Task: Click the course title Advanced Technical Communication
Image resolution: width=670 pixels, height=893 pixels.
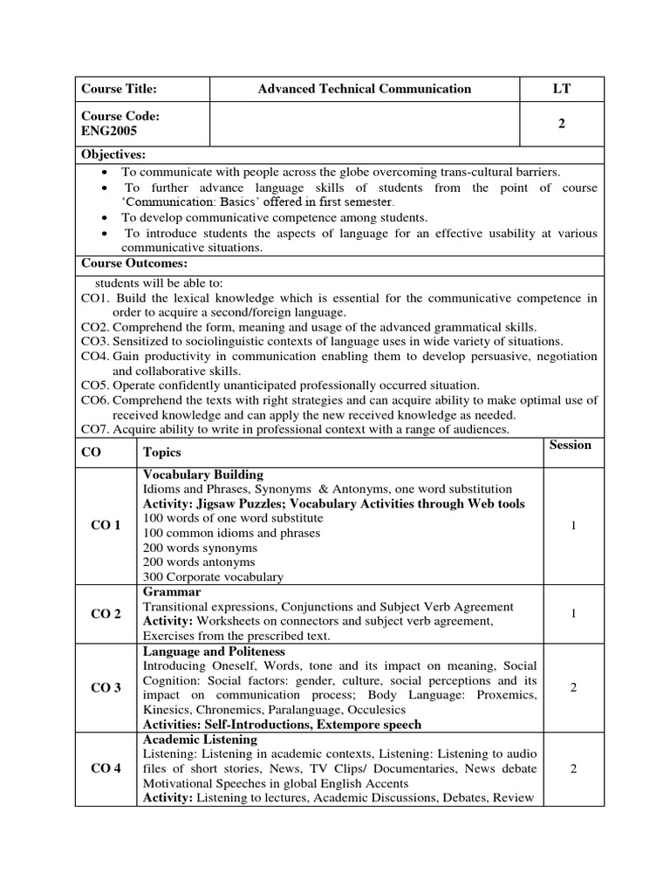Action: (x=365, y=88)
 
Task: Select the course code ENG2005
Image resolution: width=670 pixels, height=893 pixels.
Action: (x=109, y=131)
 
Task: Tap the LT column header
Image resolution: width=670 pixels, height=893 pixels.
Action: (x=561, y=88)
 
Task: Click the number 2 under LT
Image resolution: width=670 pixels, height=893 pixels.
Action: (x=562, y=124)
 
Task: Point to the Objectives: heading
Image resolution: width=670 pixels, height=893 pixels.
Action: (x=113, y=154)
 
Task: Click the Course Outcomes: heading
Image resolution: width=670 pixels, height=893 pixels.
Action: (x=134, y=263)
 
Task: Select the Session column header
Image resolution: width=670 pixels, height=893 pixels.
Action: (x=571, y=445)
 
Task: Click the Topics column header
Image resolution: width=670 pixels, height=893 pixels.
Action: (x=162, y=453)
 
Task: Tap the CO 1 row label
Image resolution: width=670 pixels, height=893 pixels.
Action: (x=106, y=525)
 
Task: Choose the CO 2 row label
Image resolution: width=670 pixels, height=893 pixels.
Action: (x=106, y=614)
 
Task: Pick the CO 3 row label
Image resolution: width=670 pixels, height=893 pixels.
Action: (x=106, y=688)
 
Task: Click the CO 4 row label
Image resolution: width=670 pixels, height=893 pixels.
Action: (x=106, y=768)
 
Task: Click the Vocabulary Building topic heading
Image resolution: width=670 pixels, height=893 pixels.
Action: (x=202, y=474)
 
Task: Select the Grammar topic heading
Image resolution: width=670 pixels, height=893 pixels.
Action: (x=172, y=591)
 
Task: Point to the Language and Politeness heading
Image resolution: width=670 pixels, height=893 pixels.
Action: (x=214, y=651)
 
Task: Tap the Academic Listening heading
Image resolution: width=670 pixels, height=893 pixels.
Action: (x=200, y=740)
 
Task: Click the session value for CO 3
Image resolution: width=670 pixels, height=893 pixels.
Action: (x=573, y=688)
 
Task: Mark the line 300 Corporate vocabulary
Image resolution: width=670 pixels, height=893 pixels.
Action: (x=213, y=576)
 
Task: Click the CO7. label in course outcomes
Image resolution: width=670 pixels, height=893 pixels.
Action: (x=94, y=429)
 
